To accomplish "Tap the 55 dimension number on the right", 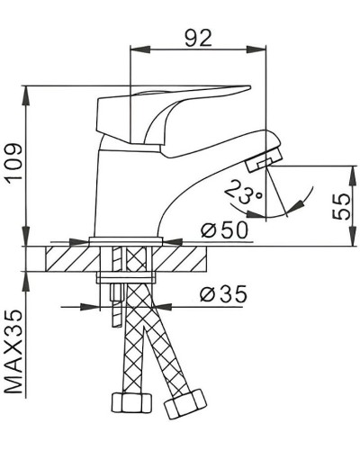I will pyautogui.click(x=342, y=206).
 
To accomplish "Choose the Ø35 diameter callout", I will pyautogui.click(x=220, y=294).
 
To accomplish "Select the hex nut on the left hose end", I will pyautogui.click(x=120, y=402).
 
